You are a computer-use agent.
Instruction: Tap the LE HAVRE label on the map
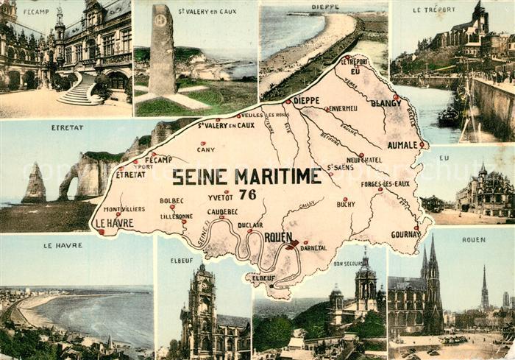pyautogui.click(x=114, y=223)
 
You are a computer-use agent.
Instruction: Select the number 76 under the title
pyautogui.click(x=248, y=194)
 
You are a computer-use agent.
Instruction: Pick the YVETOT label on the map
pyautogui.click(x=221, y=197)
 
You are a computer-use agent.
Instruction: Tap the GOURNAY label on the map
pyautogui.click(x=405, y=234)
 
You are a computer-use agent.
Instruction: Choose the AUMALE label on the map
pyautogui.click(x=402, y=145)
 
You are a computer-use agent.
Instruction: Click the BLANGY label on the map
pyautogui.click(x=386, y=104)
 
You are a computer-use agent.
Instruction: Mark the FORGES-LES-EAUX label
pyautogui.click(x=385, y=183)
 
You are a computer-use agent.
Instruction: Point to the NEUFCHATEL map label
pyautogui.click(x=364, y=160)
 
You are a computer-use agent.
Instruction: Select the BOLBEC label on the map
pyautogui.click(x=172, y=200)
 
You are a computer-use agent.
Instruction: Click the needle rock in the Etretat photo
pyautogui.click(x=33, y=184)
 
